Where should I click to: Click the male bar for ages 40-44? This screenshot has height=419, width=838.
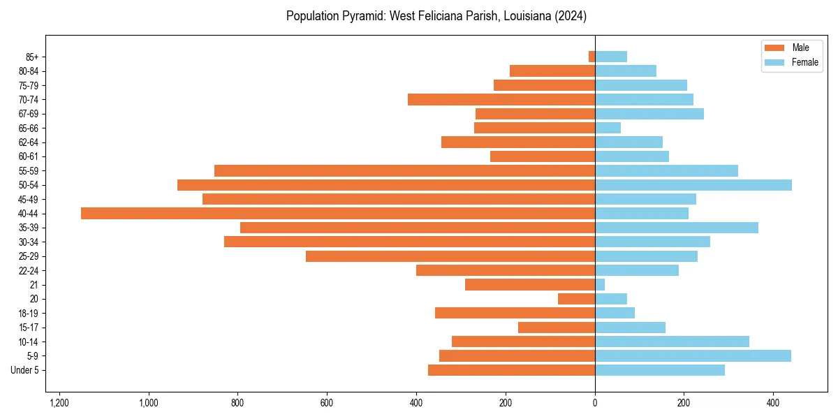[338, 214]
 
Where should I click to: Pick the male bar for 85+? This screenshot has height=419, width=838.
[592, 57]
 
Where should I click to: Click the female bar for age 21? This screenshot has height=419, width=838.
[600, 285]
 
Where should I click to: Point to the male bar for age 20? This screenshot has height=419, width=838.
[577, 299]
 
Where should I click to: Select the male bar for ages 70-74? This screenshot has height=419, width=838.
[501, 100]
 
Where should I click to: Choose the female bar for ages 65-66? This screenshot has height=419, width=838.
[608, 128]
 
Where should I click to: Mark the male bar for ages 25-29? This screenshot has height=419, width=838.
[450, 256]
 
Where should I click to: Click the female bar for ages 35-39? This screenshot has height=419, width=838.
[677, 228]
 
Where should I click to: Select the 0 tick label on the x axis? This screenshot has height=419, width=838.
[595, 403]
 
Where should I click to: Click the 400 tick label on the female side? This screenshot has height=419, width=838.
[773, 403]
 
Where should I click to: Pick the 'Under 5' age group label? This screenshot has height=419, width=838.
[24, 370]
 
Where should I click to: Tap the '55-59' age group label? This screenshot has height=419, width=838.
[29, 171]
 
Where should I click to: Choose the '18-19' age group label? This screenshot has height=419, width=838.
[29, 314]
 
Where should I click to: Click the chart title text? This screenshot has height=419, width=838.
[436, 15]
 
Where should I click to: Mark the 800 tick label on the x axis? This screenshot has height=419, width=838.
[238, 403]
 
